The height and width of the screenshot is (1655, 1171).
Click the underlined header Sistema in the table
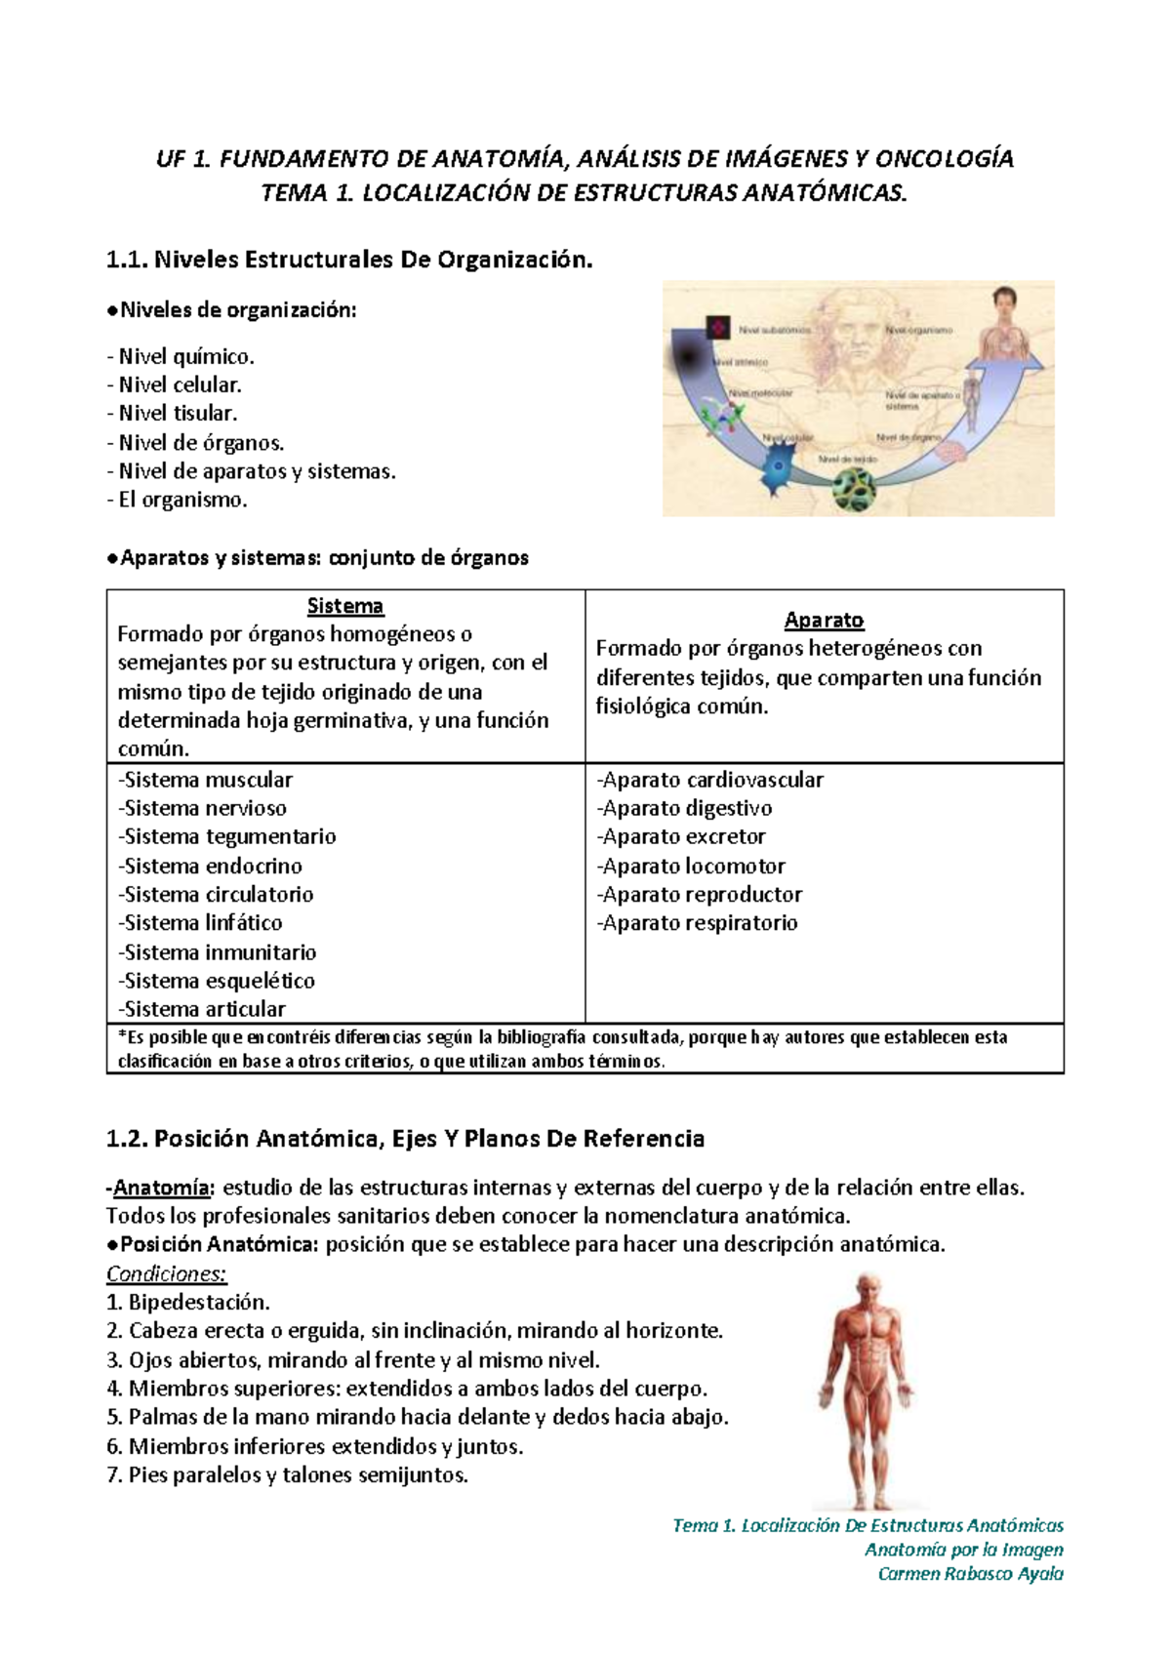pyautogui.click(x=344, y=606)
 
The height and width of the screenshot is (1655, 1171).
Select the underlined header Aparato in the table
pyautogui.click(x=824, y=621)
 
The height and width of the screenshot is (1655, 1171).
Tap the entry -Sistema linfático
pyautogui.click(x=200, y=923)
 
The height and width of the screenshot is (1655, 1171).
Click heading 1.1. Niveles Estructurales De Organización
pyautogui.click(x=349, y=261)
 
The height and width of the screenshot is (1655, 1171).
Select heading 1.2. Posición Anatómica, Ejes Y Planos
pyautogui.click(x=405, y=1139)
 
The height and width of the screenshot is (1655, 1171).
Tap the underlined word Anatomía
pyautogui.click(x=161, y=1189)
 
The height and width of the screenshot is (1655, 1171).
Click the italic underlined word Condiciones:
pyautogui.click(x=166, y=1274)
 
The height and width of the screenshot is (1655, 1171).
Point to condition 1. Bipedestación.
pyautogui.click(x=188, y=1303)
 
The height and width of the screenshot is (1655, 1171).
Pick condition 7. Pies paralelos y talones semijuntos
pyautogui.click(x=287, y=1475)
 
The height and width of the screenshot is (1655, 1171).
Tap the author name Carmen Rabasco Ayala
pyautogui.click(x=970, y=1574)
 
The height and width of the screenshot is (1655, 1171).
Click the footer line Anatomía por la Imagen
pyautogui.click(x=963, y=1550)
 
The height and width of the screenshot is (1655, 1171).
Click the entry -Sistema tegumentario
pyautogui.click(x=226, y=837)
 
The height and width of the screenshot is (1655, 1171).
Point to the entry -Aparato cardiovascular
pyautogui.click(x=709, y=781)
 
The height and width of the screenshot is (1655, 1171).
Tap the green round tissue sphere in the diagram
pyautogui.click(x=854, y=489)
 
